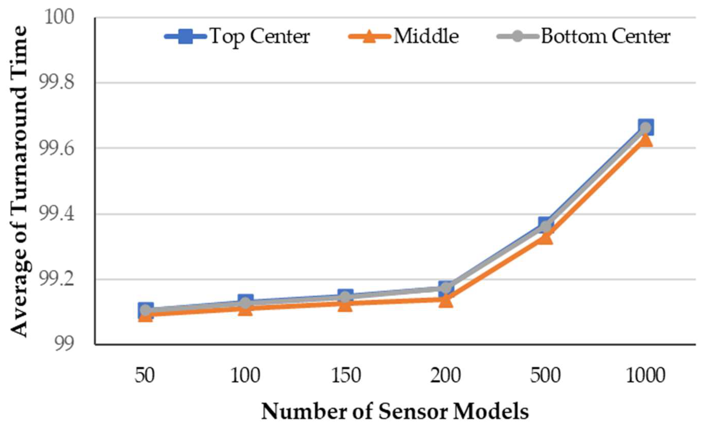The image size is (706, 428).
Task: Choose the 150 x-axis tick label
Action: (346, 376)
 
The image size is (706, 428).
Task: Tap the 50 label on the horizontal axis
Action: (145, 376)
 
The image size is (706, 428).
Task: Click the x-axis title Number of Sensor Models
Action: (395, 412)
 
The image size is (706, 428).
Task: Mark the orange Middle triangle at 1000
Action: (645, 140)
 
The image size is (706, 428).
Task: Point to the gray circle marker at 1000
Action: (645, 128)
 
